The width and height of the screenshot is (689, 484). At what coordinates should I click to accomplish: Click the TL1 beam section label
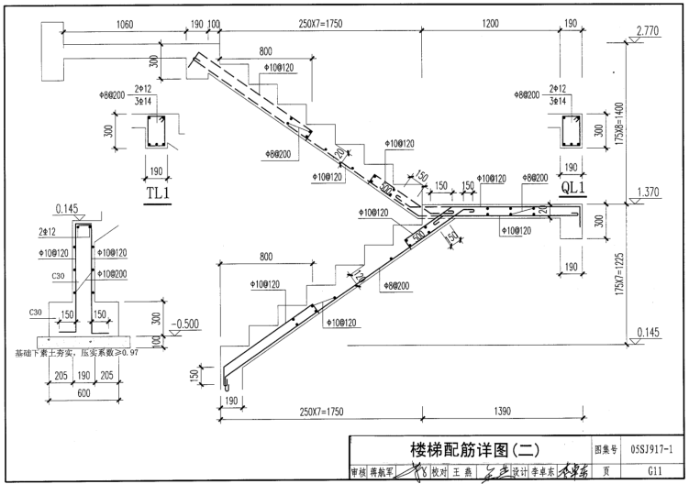coord(159,195)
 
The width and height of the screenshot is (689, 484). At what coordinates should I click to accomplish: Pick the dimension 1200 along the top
coord(486,24)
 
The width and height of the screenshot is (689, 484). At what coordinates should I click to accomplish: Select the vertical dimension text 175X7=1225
coord(621,268)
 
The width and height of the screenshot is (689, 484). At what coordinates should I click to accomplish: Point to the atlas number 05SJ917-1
coord(653,450)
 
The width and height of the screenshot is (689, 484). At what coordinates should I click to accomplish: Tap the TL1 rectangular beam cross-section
coord(158,133)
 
